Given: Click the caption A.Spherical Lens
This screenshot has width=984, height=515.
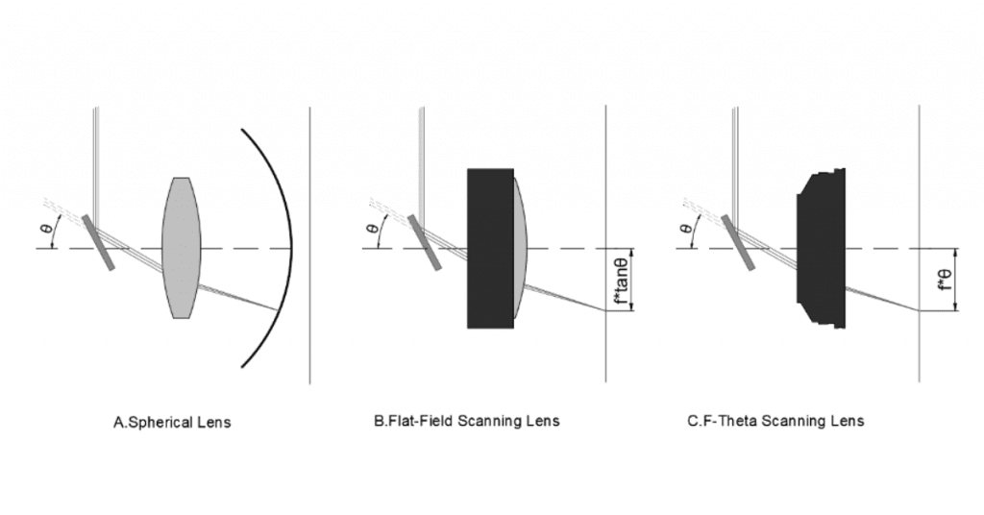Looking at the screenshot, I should click(x=172, y=422).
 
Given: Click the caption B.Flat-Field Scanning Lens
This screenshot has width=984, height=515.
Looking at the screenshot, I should click(x=466, y=421).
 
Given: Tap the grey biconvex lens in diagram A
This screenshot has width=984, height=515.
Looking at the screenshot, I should click(x=182, y=247).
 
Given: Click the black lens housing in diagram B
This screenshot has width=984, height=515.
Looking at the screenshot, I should click(x=488, y=248).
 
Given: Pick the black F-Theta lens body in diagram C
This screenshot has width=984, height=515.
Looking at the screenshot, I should click(x=820, y=248).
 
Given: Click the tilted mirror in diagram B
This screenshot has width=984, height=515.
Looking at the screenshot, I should click(x=426, y=242).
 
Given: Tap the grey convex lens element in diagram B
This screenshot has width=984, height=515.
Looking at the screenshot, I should click(x=521, y=248).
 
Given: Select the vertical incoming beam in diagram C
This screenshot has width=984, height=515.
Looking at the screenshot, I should click(x=736, y=154).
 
